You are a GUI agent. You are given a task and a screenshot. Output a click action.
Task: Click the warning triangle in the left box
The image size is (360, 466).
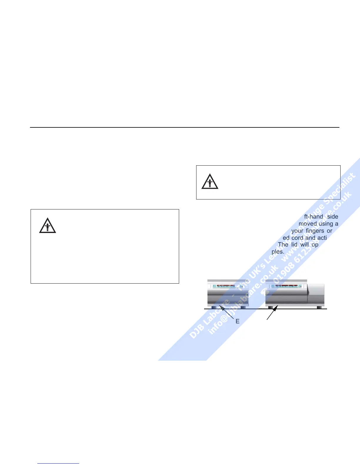point(48,226)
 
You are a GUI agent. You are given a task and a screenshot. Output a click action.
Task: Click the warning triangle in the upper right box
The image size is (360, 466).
point(210,182)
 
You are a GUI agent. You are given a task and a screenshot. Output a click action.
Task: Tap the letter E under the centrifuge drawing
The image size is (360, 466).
point(238,322)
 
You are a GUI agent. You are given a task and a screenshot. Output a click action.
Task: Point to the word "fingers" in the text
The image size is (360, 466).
point(315,231)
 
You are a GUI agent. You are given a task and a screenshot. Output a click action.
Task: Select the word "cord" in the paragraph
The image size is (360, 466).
point(297,238)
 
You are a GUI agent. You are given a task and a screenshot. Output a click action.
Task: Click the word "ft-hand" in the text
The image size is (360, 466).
point(314,217)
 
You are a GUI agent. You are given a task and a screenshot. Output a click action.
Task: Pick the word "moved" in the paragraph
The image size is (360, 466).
point(307,224)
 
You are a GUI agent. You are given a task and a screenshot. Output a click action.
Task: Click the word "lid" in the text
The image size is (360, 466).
point(294,244)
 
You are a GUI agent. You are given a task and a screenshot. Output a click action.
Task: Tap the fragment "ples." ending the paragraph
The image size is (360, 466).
point(278,252)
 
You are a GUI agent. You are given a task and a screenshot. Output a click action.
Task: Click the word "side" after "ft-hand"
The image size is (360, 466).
point(333,217)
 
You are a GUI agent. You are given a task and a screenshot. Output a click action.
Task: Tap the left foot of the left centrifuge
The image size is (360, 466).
point(214,307)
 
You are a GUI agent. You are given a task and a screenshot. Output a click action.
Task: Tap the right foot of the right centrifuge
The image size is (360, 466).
point(319,307)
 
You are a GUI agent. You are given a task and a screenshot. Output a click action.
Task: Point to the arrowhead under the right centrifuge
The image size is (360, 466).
point(276,308)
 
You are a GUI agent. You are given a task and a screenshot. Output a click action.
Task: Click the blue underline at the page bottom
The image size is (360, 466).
point(58,464)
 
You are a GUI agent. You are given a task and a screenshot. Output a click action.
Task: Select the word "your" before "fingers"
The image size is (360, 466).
point(297,231)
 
